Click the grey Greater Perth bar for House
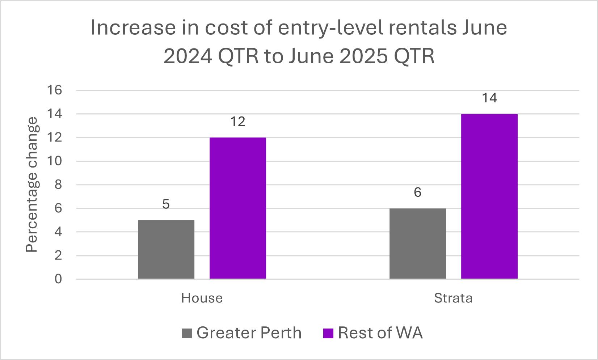(x=166, y=249)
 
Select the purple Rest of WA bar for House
(x=238, y=208)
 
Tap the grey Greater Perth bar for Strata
(x=417, y=243)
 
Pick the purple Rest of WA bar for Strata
(x=489, y=196)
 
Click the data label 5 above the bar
(x=166, y=205)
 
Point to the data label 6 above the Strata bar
(x=417, y=193)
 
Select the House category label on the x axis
(x=202, y=298)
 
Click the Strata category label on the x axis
(x=453, y=298)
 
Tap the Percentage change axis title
(x=32, y=185)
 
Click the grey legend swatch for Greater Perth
(x=187, y=333)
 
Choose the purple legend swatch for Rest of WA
(x=328, y=333)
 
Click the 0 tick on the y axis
(x=58, y=279)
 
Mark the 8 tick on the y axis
(x=58, y=185)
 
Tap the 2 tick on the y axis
(x=58, y=256)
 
